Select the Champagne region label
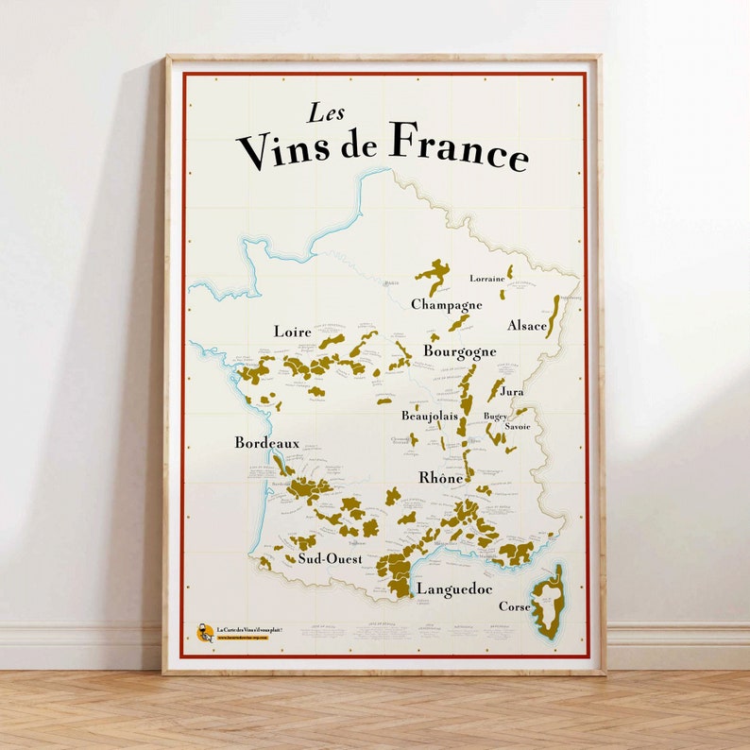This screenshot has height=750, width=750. (x=446, y=305)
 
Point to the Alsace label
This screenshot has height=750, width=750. (x=527, y=326)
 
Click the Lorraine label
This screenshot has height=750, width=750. (x=487, y=279)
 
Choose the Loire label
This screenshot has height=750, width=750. (x=292, y=332)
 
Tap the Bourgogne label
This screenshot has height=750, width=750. (x=459, y=351)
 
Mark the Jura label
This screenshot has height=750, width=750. (x=513, y=391)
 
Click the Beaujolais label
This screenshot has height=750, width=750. (x=430, y=416)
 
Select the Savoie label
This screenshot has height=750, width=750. (x=518, y=427)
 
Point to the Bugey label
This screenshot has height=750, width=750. (x=495, y=416)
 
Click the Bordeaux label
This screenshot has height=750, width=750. (x=266, y=442)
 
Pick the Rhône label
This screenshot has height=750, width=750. (x=441, y=478)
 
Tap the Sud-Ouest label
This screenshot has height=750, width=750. (x=330, y=558)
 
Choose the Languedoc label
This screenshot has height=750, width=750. (x=454, y=588)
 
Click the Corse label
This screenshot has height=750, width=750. (x=514, y=606)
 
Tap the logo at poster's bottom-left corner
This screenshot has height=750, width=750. (x=204, y=632)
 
